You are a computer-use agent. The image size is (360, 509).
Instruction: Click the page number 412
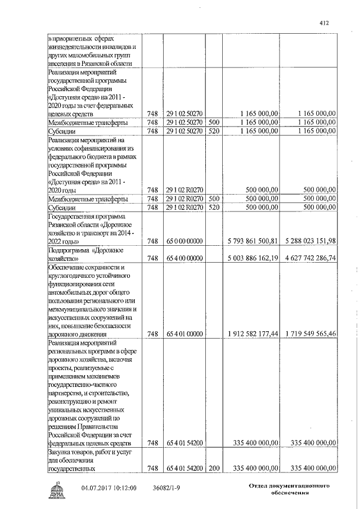tap(323, 22)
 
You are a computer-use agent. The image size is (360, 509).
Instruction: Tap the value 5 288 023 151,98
tap(309, 241)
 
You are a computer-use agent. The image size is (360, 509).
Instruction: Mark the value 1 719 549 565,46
tap(309, 334)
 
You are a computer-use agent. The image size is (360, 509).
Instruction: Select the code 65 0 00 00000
tap(184, 241)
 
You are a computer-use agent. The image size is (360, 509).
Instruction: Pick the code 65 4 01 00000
tap(184, 334)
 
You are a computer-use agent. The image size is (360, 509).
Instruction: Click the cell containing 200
tap(213, 468)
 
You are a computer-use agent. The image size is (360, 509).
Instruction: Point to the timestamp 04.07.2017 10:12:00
tap(109, 489)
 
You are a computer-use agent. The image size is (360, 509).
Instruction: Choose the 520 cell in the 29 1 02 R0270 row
tap(213, 208)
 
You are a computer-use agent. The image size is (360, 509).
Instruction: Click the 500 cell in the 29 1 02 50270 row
tap(213, 122)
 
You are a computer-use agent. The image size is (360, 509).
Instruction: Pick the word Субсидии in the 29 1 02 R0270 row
tap(61, 208)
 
